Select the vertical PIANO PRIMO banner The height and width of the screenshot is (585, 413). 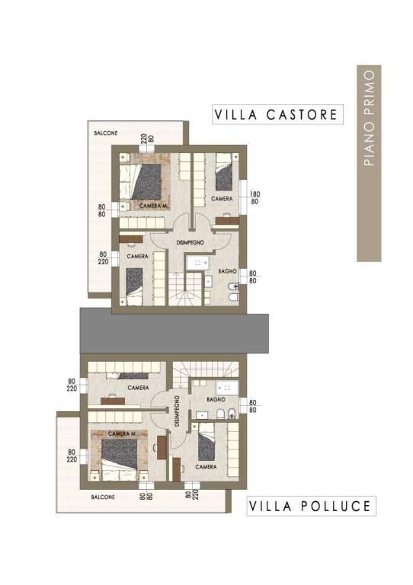pos(369,163)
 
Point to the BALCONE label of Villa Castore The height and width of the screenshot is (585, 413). pos(106,133)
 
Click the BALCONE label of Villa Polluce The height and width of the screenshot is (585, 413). pos(103,497)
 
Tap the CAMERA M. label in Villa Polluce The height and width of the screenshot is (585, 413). pos(122,434)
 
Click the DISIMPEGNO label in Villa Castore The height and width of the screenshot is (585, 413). pos(190,242)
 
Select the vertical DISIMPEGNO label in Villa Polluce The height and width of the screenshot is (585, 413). pos(177,411)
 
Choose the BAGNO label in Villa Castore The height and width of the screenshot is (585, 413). pos(228,271)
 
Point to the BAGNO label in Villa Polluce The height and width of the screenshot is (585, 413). pos(216,399)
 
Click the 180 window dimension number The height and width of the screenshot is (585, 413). pos(255,194)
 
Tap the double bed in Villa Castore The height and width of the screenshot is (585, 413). pos(142,181)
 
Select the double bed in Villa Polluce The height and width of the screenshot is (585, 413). pos(120,459)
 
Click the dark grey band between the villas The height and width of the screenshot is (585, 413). pos(174,333)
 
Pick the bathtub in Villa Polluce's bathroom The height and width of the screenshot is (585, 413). pos(227,388)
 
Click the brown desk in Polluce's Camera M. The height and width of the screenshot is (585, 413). pos(162,447)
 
